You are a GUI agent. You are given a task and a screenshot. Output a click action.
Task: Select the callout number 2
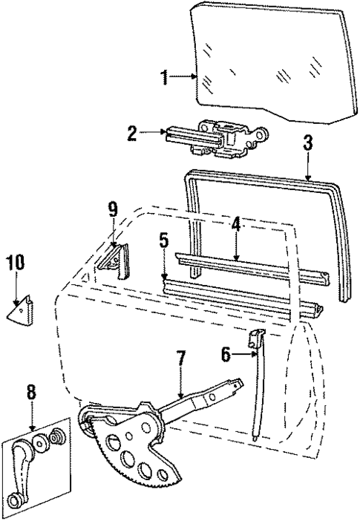pyautogui.click(x=131, y=134)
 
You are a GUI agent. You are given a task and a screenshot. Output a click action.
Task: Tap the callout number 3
pyautogui.click(x=307, y=143)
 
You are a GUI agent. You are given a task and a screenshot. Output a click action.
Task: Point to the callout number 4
pyautogui.click(x=235, y=223)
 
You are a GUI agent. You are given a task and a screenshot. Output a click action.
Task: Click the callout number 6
pyautogui.click(x=226, y=356)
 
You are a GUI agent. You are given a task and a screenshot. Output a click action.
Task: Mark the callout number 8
pyautogui.click(x=31, y=391)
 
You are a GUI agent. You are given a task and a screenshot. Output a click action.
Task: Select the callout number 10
pyautogui.click(x=16, y=262)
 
